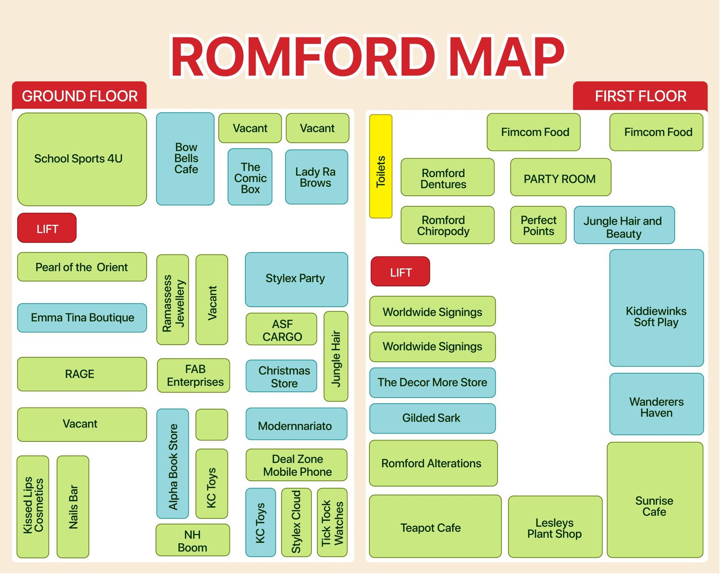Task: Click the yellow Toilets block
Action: pos(381,166)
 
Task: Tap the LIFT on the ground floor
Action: pos(47,228)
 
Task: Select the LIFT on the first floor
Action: pos(400,272)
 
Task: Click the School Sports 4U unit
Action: pos(82,159)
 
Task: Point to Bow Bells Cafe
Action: pos(185,159)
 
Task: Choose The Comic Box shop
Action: pos(250,177)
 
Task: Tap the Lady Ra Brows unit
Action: pos(316,177)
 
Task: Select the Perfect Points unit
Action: pos(538,225)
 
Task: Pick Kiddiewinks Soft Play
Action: pos(656,308)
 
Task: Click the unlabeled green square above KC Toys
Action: pos(211,424)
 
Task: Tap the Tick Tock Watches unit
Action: pos(332,522)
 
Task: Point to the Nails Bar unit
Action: pos(73,507)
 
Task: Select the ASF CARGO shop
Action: pos(282,329)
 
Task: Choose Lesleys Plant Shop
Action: pos(555,527)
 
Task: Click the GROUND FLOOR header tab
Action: pos(80,96)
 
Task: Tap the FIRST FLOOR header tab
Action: pos(640,96)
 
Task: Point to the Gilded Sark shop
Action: pos(432,418)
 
